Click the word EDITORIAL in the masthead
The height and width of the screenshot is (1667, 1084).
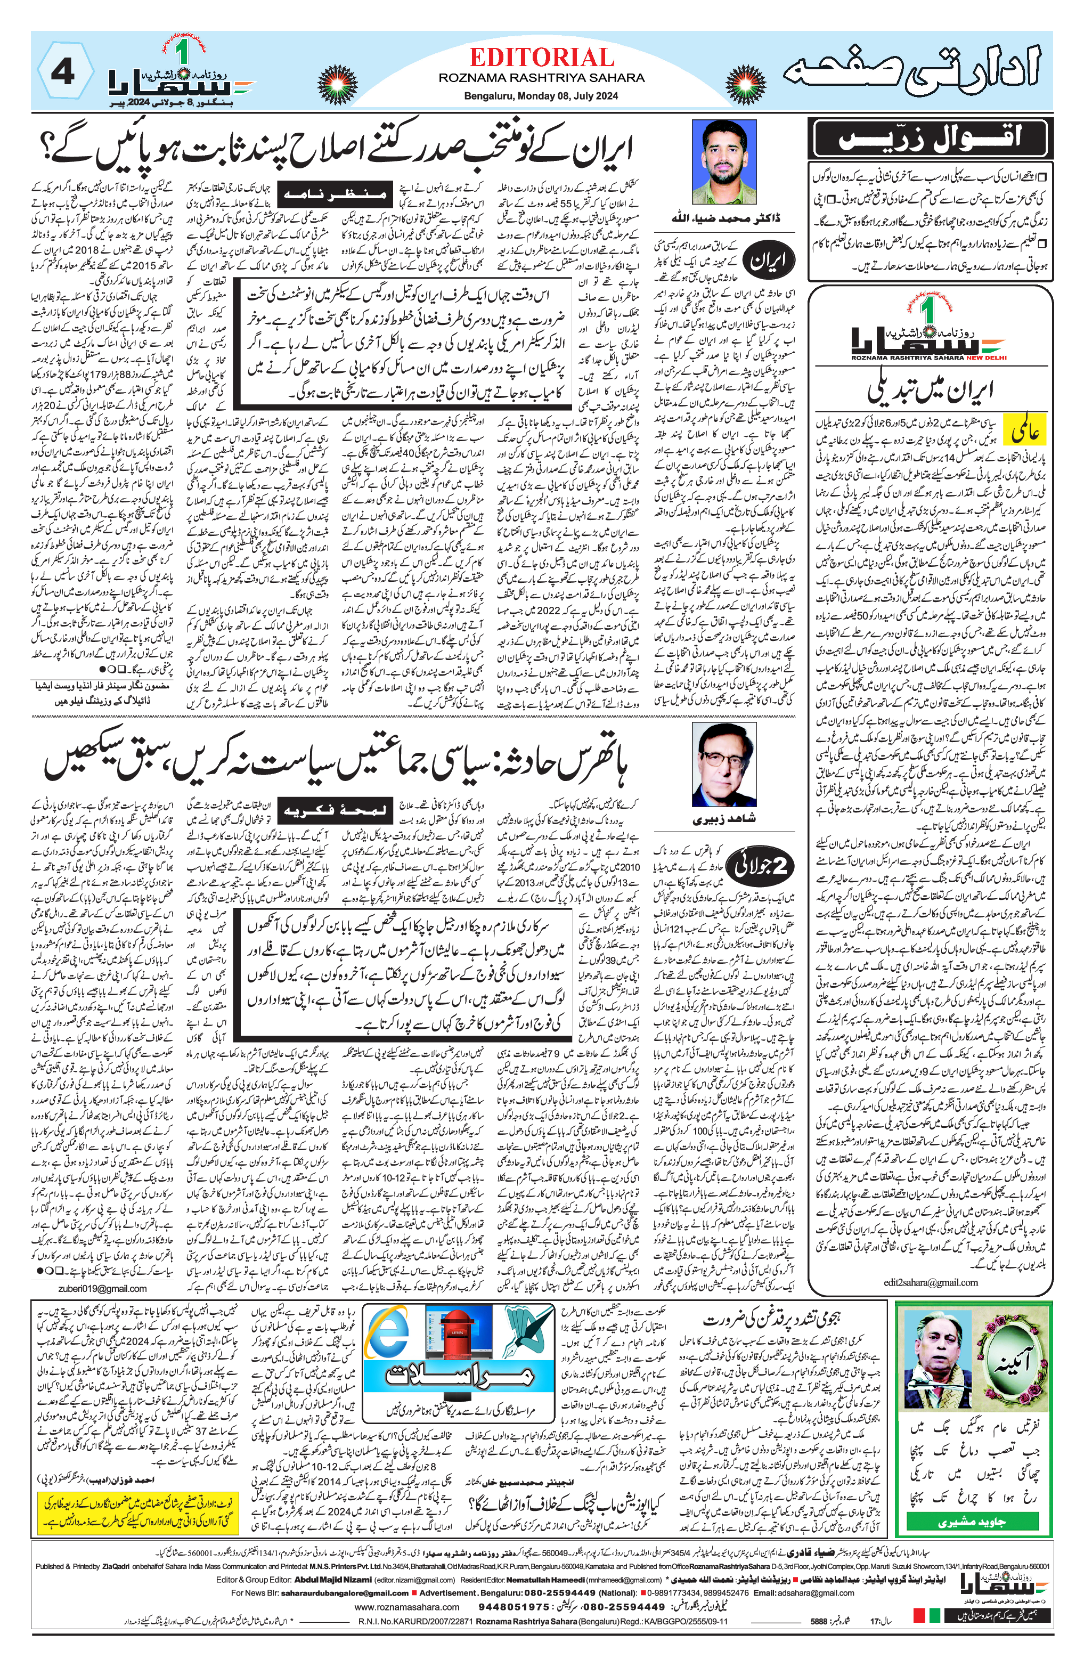pos(541,58)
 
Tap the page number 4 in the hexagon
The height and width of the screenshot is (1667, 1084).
pos(63,72)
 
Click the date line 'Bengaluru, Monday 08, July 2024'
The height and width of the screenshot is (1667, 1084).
pos(541,96)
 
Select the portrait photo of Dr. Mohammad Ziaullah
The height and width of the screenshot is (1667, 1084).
pos(724,162)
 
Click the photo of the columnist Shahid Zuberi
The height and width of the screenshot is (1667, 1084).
pos(723,765)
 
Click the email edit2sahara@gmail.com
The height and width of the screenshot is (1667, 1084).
pos(930,1282)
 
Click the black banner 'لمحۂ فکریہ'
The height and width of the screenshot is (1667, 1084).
pos(334,810)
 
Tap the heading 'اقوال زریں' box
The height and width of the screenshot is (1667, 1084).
pos(930,138)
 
